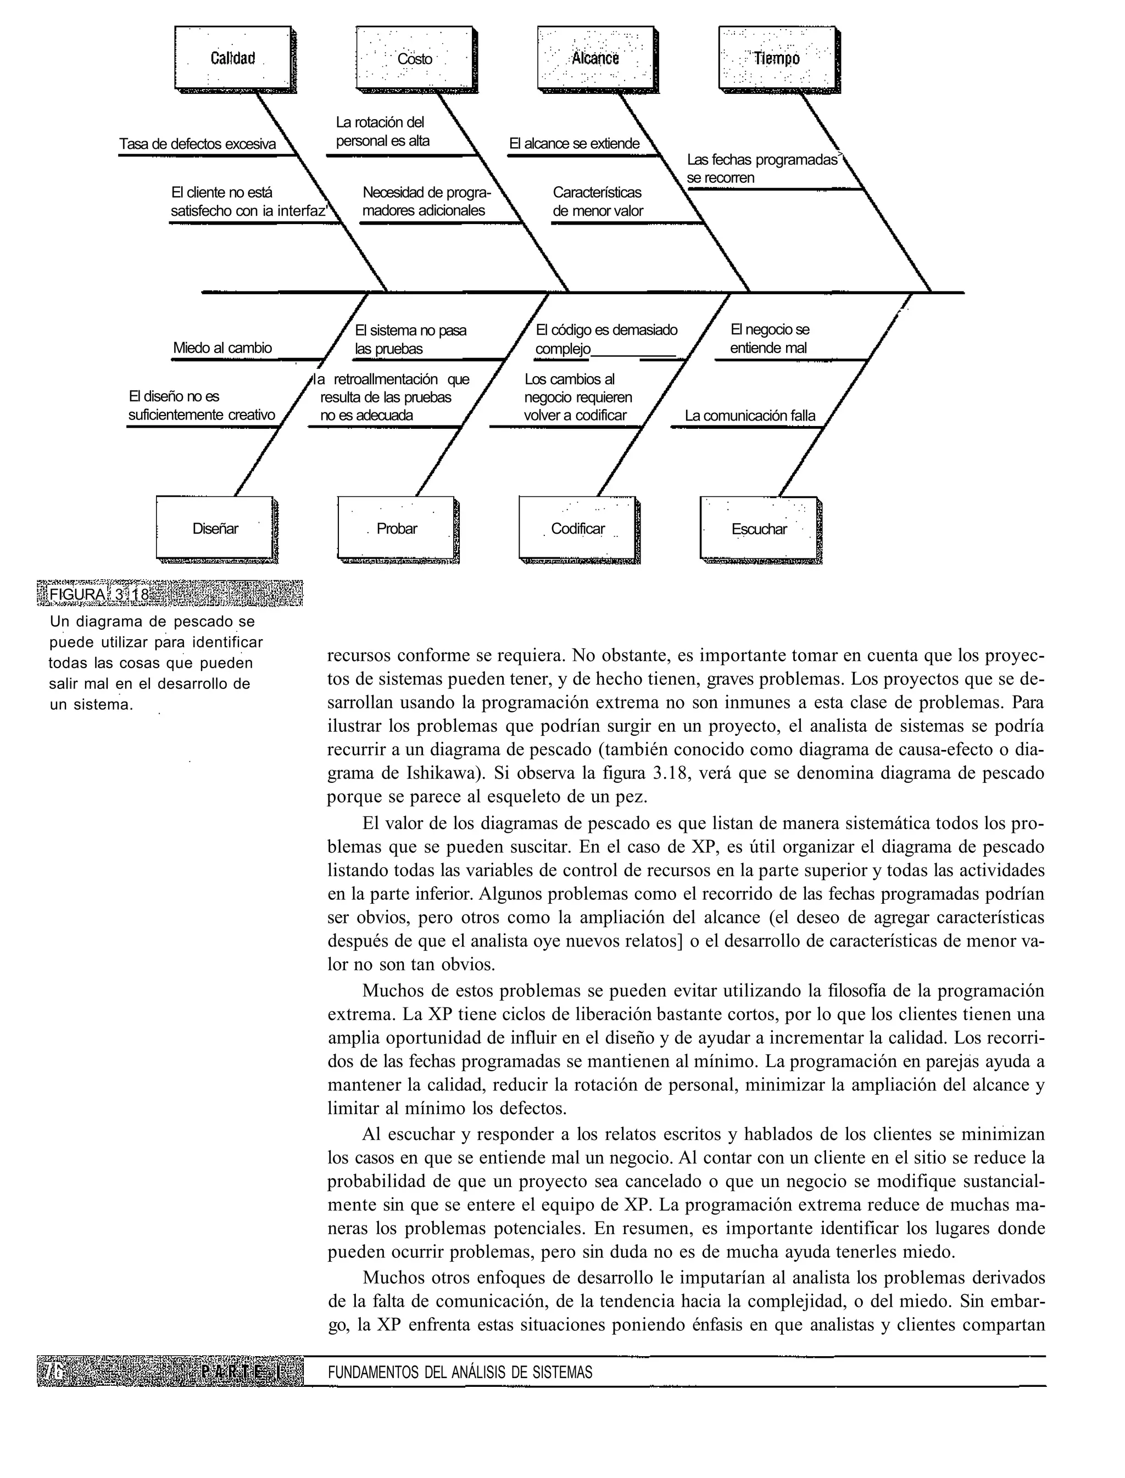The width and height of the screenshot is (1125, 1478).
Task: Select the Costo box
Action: pos(415,58)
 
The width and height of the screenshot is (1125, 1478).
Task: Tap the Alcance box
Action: pos(596,58)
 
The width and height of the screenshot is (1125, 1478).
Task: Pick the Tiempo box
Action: pos(777,58)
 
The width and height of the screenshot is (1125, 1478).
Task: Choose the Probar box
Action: pos(397,528)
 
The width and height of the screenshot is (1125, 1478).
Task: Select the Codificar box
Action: pos(578,528)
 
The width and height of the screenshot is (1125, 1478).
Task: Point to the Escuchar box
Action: pos(759,528)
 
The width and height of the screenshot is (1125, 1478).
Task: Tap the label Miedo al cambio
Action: pos(222,348)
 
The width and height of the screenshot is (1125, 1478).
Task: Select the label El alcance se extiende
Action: pos(574,144)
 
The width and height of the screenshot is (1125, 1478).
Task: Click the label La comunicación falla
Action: pos(749,416)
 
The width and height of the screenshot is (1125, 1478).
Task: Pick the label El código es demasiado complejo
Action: pos(605,339)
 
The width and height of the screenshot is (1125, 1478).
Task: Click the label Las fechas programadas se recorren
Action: pos(762,169)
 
